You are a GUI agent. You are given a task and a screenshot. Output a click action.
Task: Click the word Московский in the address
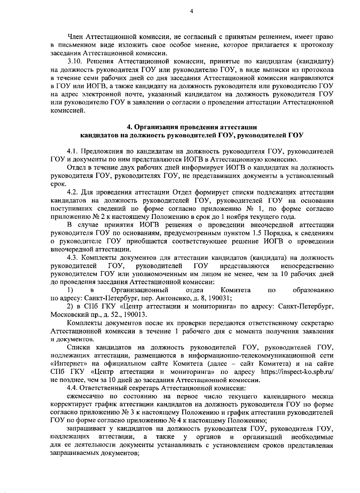click(x=66, y=314)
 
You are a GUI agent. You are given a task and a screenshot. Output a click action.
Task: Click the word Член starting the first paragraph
click(x=75, y=37)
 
